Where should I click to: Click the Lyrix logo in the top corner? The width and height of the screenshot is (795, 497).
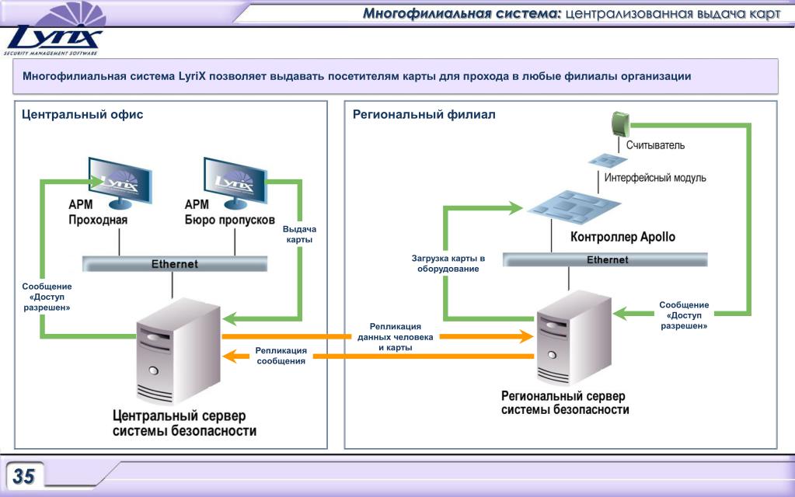coord(54,30)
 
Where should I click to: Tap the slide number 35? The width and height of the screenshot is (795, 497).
coord(23,476)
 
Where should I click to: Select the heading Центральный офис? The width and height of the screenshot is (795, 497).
coord(82,114)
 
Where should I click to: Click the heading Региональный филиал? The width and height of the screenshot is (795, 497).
coord(424,114)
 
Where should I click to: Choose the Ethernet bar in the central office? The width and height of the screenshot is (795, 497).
coord(175,264)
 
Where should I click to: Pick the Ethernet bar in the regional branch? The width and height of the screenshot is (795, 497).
coord(605,259)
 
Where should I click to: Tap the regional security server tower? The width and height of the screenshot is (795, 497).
coord(574,337)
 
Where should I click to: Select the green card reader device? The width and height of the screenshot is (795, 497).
coord(619,123)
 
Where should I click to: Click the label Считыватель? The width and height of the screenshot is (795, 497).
coord(655,145)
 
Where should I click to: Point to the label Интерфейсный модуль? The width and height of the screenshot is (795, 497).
coord(655,178)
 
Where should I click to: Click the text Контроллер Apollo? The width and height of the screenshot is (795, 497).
coord(622,237)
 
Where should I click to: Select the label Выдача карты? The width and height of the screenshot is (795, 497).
coord(299,234)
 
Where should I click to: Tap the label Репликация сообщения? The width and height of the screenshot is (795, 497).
coord(281,356)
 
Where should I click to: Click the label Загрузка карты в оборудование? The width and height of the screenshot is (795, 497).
coord(448,263)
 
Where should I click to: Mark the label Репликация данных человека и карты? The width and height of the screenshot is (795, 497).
coord(395,337)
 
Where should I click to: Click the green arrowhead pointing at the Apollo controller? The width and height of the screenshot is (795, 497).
coord(516,207)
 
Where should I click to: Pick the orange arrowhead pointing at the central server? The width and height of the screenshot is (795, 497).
coord(230,356)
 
